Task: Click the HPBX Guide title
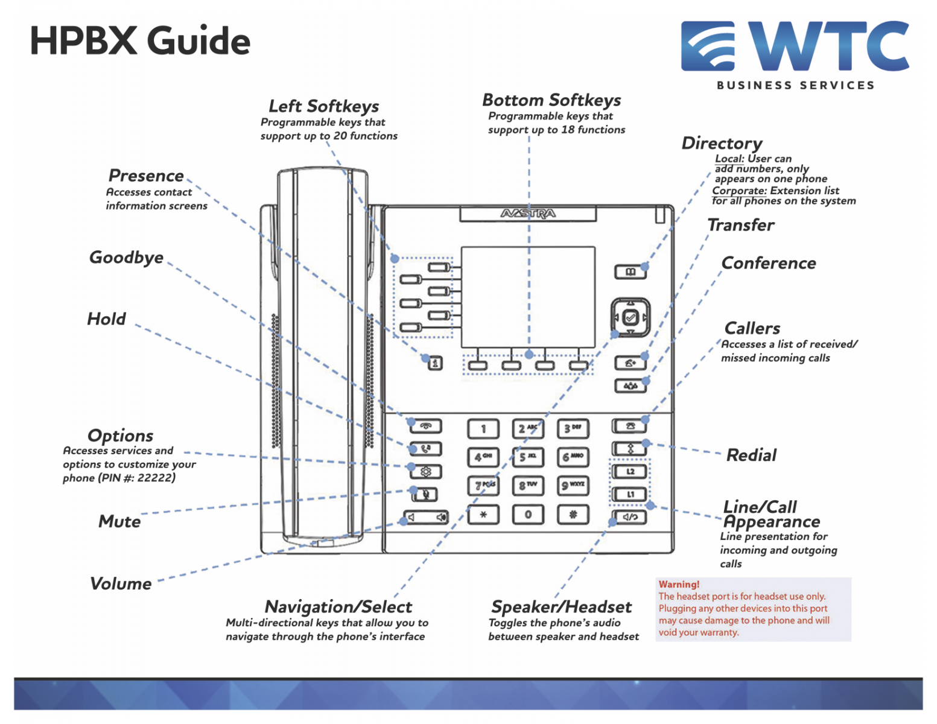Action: [140, 41]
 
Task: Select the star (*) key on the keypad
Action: [483, 515]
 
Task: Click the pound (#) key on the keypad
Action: [573, 515]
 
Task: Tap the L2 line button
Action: [630, 471]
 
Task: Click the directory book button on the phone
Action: [630, 272]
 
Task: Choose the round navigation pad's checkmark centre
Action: [630, 317]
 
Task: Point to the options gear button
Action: [426, 472]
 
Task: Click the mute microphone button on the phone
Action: [425, 495]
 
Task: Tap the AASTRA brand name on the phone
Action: [528, 214]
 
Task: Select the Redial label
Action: [751, 455]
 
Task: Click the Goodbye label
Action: [126, 258]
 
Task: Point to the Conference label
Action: [769, 263]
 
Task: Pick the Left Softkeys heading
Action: [324, 106]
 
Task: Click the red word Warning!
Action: [679, 584]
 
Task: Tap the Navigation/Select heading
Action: [338, 606]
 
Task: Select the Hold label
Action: [107, 319]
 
